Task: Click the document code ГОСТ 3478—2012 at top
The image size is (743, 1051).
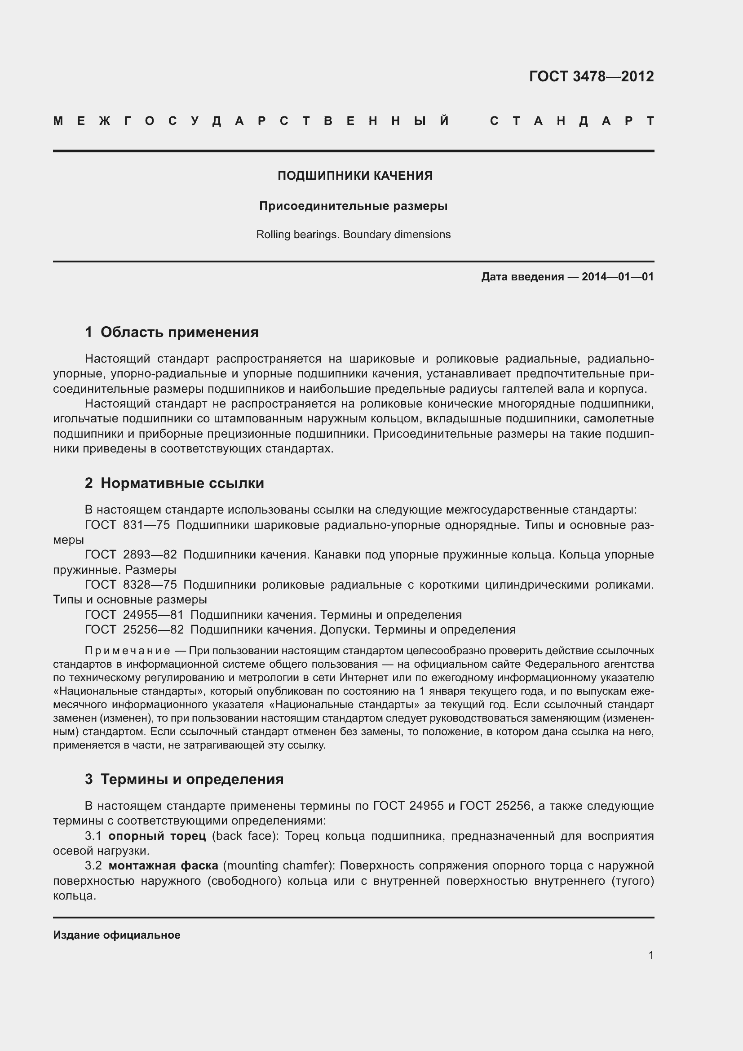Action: [x=591, y=76]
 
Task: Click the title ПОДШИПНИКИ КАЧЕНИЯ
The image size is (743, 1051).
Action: [x=355, y=176]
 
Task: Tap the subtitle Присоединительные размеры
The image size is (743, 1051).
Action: [x=353, y=206]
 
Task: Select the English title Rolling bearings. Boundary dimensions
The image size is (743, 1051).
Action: [x=353, y=235]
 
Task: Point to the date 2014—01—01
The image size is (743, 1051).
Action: [x=618, y=276]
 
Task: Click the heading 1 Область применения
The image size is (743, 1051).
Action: [x=172, y=332]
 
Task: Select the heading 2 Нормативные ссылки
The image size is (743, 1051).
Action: [x=174, y=483]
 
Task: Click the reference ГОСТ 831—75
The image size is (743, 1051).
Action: [x=127, y=525]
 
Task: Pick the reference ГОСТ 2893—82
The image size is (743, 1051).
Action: [x=131, y=555]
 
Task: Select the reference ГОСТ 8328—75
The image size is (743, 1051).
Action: [x=131, y=585]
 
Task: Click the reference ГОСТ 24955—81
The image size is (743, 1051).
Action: [x=134, y=614]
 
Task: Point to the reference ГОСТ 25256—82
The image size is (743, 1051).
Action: [x=134, y=630]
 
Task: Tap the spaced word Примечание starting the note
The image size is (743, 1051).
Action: [x=128, y=651]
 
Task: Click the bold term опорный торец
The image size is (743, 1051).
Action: [x=157, y=836]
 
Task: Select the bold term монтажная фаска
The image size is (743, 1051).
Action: [x=164, y=865]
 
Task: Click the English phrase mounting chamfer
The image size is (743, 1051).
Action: [x=279, y=865]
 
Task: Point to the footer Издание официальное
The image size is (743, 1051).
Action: [x=117, y=935]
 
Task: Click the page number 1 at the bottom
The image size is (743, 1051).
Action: [x=650, y=955]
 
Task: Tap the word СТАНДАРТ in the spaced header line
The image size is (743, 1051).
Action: [x=572, y=121]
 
